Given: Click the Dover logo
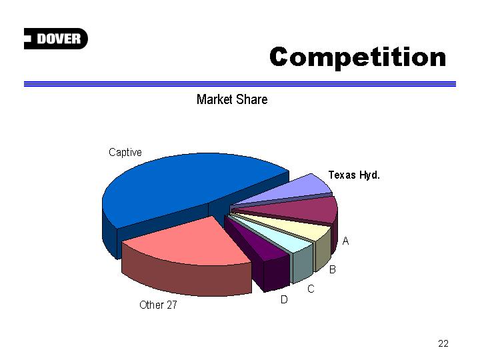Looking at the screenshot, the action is click(x=56, y=39).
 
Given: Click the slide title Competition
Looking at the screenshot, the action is click(x=357, y=57).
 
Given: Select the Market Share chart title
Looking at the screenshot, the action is click(x=232, y=99).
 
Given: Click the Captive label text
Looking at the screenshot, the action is click(x=125, y=152).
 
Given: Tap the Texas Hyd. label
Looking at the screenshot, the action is click(x=354, y=175).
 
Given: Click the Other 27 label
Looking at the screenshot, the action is click(x=158, y=305).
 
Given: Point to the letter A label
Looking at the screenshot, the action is click(x=345, y=241).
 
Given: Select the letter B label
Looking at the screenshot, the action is click(x=333, y=269).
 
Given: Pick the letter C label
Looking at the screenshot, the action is click(x=311, y=289).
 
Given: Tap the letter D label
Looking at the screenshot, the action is click(x=284, y=299).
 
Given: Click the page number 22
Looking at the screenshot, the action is click(x=443, y=343).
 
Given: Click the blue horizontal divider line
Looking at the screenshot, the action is click(x=240, y=84).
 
